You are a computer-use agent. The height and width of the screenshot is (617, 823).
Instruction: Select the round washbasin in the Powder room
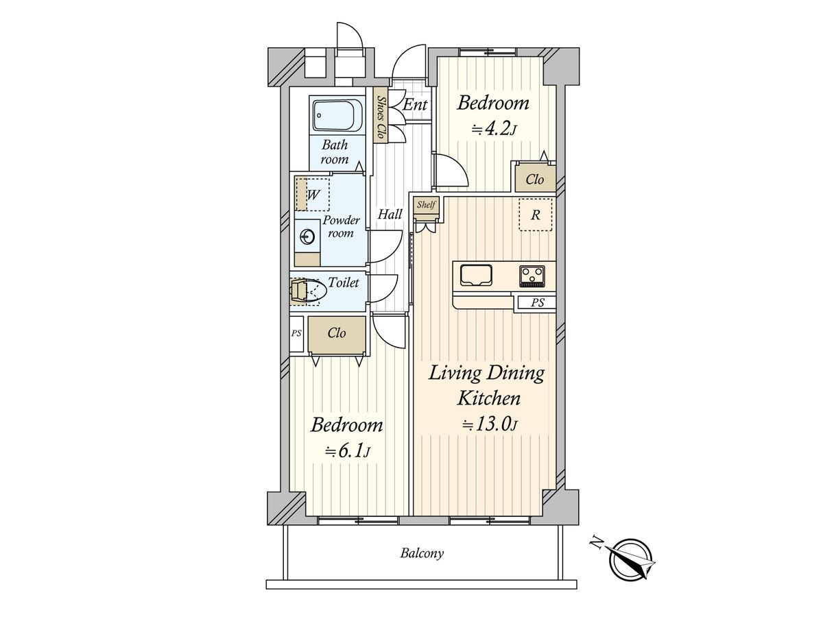pyautogui.click(x=307, y=237)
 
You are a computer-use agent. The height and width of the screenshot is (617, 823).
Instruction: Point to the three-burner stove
pyautogui.click(x=532, y=276)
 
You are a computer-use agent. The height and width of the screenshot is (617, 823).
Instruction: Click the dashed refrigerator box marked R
pyautogui.click(x=536, y=215)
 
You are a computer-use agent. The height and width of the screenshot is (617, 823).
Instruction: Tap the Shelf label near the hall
pyautogui.click(x=427, y=204)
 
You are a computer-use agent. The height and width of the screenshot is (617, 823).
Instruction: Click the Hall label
pyautogui.click(x=390, y=215)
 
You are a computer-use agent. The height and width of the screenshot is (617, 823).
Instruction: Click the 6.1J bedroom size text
pyautogui.click(x=348, y=451)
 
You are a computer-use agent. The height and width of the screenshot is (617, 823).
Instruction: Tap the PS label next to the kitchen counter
pyautogui.click(x=538, y=302)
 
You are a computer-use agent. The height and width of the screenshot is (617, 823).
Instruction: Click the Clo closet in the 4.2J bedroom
pyautogui.click(x=535, y=180)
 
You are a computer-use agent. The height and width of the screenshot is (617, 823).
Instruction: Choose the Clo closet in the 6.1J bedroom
pyautogui.click(x=337, y=333)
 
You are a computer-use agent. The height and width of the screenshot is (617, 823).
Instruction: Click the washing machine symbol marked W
pyautogui.click(x=312, y=194)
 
